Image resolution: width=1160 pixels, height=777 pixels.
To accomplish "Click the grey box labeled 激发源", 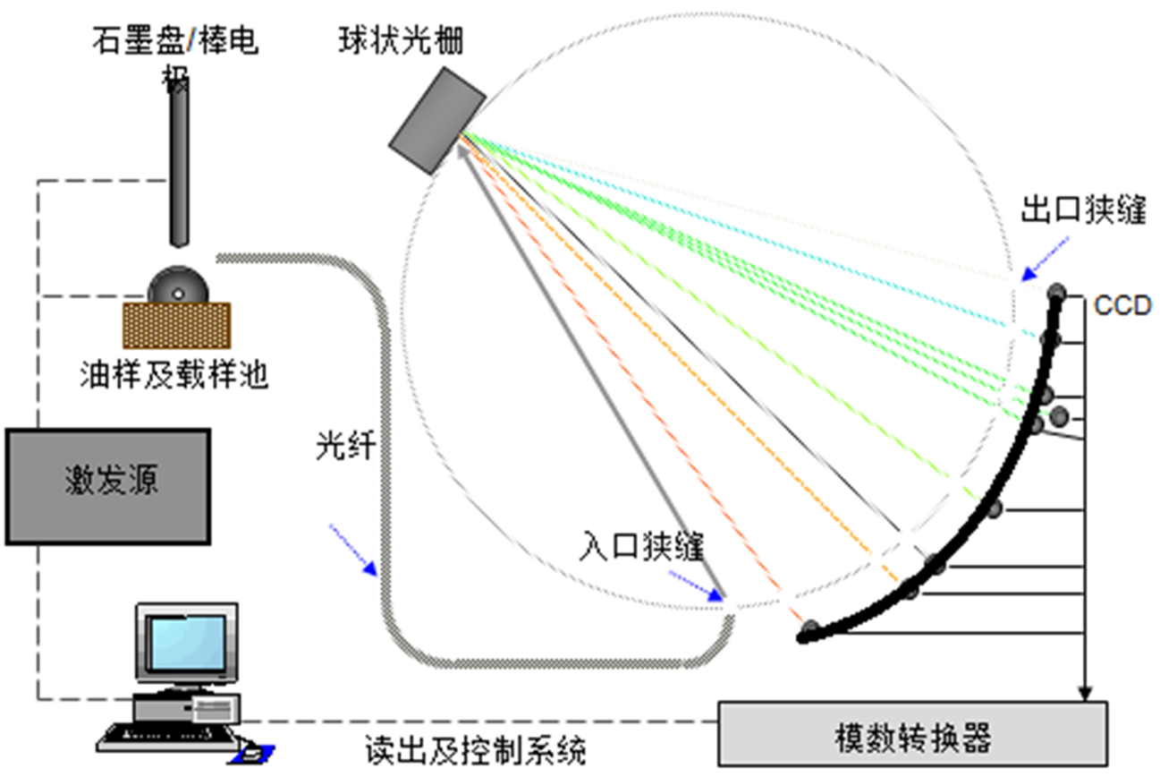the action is coord(108,486).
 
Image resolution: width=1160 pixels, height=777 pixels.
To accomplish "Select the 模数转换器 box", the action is coord(912,733).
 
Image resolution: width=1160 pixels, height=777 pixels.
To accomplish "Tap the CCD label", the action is coord(1122,305).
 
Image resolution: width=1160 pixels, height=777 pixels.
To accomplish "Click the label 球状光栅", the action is coord(401,40).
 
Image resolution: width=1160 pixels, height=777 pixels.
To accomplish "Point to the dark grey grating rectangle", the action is coord(437,120).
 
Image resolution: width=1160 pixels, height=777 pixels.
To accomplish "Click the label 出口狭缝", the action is coord(1083,209).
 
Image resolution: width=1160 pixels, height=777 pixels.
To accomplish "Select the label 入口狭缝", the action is coord(641,546).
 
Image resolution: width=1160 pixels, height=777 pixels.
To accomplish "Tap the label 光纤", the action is coord(345,445).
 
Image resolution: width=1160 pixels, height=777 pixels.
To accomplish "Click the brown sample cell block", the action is coord(176,326).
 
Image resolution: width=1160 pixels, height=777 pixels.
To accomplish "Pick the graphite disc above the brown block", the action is coord(178,285).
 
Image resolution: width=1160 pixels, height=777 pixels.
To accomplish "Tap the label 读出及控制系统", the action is coord(476,749).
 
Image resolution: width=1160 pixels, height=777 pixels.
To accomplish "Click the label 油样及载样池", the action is coord(174,374).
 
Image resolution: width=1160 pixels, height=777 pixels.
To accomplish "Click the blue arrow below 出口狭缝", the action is coord(1046,260).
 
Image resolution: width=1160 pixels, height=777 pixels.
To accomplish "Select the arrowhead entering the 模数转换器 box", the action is coord(1086,694).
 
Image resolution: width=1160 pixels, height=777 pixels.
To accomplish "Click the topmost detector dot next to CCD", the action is coord(1056,293).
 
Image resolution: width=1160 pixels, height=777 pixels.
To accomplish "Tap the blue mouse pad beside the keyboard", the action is coord(252,755).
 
